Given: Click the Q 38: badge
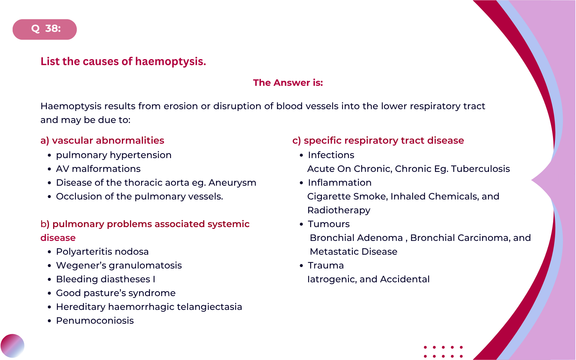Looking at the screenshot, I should point(45,29).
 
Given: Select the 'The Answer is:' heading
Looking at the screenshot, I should point(288,82).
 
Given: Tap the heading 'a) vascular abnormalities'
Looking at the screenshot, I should point(102,140).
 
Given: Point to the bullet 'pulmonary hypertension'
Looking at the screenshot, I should point(114,155).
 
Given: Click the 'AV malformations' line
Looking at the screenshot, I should point(98,169).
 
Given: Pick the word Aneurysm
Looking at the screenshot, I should point(232,183).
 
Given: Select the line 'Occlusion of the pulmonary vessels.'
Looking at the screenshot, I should point(139,196).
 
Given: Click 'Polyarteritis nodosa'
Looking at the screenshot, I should point(102,252).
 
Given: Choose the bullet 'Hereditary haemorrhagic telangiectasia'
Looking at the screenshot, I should point(149,307).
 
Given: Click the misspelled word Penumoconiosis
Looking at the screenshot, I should point(95,321).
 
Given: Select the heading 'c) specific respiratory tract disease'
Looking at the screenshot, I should point(378,140).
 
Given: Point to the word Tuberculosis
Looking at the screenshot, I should point(480,169).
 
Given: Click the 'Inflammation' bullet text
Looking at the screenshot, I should point(340,183).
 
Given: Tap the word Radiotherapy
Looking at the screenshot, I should point(339,210).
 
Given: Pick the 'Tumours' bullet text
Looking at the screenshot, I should point(329,224).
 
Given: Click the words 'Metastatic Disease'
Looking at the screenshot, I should point(353,252).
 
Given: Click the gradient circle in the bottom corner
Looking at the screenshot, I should point(12,346).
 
